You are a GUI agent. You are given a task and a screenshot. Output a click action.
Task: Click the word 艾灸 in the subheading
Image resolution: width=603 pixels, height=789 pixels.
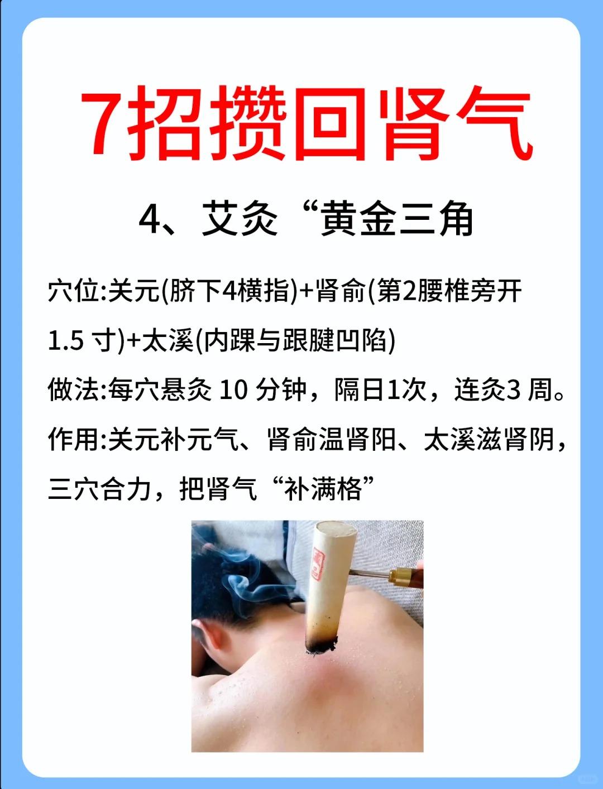coord(240,219)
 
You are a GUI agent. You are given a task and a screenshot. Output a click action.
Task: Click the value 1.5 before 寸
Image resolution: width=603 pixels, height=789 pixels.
coord(66,341)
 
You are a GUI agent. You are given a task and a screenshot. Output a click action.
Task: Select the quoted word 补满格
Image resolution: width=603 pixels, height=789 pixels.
coord(322,489)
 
